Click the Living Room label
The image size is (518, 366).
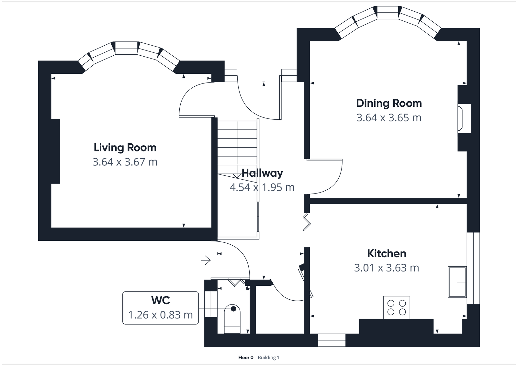point(125,148)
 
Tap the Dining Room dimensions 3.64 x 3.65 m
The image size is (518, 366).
point(389,118)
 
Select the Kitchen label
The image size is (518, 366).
point(387,253)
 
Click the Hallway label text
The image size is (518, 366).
point(262,173)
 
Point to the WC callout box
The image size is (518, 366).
point(161,308)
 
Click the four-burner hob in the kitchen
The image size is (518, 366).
point(397,307)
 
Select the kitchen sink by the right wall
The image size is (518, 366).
point(457,282)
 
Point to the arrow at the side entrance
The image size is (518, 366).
point(206,260)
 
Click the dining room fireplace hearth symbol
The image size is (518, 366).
point(460,118)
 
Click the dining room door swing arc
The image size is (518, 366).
point(337,184)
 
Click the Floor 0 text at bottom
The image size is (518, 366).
point(246,358)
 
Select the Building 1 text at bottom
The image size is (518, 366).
point(268,358)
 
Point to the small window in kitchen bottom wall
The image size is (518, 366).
point(332,340)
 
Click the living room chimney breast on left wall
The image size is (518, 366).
point(55,151)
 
